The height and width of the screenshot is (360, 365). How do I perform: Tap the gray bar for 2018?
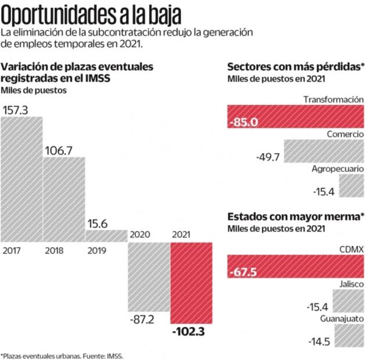click(x=64, y=197)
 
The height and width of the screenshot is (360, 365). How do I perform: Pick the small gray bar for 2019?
click(x=106, y=236)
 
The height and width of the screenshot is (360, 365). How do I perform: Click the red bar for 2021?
click(x=191, y=282)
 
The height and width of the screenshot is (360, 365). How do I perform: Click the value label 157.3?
click(x=16, y=110)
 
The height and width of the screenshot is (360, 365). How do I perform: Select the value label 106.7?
click(x=59, y=150)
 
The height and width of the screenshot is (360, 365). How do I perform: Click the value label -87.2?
click(x=143, y=319)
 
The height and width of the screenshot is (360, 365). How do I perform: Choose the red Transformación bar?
click(x=295, y=116)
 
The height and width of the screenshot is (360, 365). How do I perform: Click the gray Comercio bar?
click(x=323, y=150)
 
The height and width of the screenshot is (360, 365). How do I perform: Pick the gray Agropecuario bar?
click(x=351, y=185)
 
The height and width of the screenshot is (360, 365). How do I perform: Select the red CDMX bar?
click(x=295, y=267)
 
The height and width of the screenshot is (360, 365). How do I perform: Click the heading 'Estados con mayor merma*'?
click(x=295, y=216)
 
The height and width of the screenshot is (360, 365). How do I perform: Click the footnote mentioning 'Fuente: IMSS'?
click(x=62, y=355)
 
